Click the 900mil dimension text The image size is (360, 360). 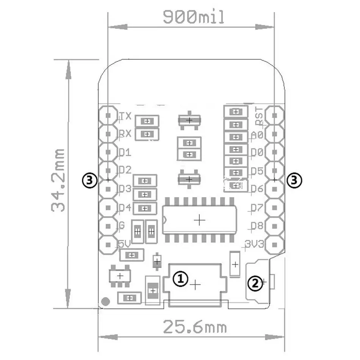click(194, 17)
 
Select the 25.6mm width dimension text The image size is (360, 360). click(195, 327)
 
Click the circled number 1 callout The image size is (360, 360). click(180, 279)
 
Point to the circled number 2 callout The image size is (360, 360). click(255, 282)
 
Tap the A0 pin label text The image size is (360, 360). click(257, 135)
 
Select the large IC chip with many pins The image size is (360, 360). click(200, 220)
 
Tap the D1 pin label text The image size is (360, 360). click(125, 153)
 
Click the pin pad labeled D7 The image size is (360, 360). click(274, 208)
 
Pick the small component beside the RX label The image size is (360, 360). click(146, 133)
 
